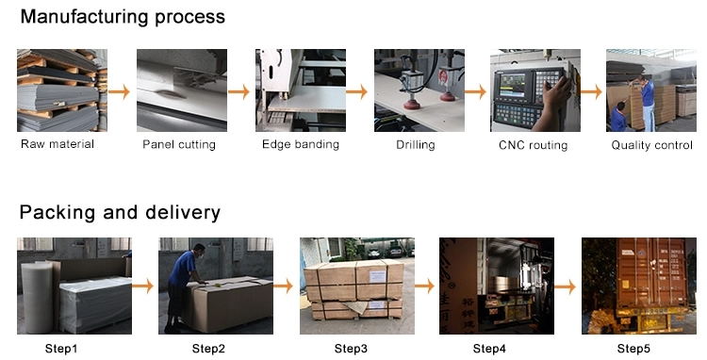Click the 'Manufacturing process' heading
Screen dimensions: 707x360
[x=123, y=17]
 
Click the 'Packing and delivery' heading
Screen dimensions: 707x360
[x=120, y=212]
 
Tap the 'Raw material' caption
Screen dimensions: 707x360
[x=58, y=144]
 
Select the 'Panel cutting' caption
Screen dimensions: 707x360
[x=179, y=144]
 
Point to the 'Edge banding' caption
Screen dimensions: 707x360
[x=301, y=144]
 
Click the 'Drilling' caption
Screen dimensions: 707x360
[x=416, y=145]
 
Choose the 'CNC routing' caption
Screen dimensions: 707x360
[x=533, y=145]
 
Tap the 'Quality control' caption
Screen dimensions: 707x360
[x=652, y=145]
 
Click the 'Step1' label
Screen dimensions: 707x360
[x=61, y=349]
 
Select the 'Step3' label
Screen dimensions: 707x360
[x=351, y=349]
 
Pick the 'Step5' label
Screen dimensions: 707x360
[x=633, y=349]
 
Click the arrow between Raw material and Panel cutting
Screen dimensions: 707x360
[x=119, y=92]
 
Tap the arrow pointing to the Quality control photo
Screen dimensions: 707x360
[x=591, y=92]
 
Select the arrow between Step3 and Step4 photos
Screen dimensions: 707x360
[x=425, y=286]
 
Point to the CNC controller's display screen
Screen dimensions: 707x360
[x=512, y=85]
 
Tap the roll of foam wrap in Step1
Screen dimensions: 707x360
[x=38, y=298]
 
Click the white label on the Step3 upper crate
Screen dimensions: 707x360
[x=377, y=276]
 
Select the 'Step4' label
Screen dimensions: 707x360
[x=489, y=349]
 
